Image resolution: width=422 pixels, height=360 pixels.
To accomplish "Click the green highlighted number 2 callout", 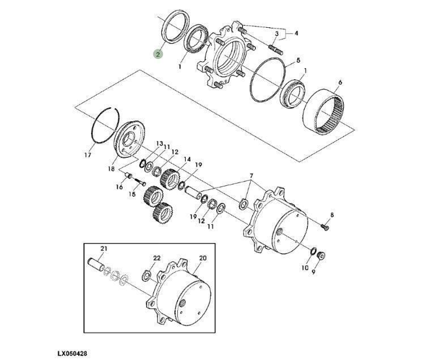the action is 158,54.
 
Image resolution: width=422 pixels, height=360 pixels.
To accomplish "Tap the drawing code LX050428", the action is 73,353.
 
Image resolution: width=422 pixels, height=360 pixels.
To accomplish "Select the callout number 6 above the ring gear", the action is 340,82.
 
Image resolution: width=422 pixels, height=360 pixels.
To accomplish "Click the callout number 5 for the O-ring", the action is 298,60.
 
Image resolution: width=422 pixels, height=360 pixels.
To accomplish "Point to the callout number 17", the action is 88,155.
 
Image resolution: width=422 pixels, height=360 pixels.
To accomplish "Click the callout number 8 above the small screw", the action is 332,215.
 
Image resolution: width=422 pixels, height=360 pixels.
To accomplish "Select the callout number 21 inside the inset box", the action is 104,248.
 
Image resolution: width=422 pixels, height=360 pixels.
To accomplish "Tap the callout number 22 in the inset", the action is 157,258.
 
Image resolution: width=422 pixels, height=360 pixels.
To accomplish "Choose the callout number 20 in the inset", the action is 203,258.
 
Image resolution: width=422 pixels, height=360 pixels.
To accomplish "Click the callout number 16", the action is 120,187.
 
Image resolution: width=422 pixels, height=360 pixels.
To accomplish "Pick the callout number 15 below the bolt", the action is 132,194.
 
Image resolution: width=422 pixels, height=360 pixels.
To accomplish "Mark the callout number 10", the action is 305,268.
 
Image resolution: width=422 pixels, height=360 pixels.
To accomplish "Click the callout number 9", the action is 314,272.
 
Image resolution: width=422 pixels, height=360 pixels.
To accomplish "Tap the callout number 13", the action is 160,143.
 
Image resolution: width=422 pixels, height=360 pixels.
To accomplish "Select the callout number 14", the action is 187,159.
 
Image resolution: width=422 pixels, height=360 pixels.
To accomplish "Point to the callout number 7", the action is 252,176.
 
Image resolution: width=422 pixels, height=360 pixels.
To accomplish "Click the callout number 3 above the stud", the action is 276,33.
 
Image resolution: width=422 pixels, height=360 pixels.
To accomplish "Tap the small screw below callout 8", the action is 325,228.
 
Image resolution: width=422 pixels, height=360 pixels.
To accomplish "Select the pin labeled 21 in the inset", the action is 96,264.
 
